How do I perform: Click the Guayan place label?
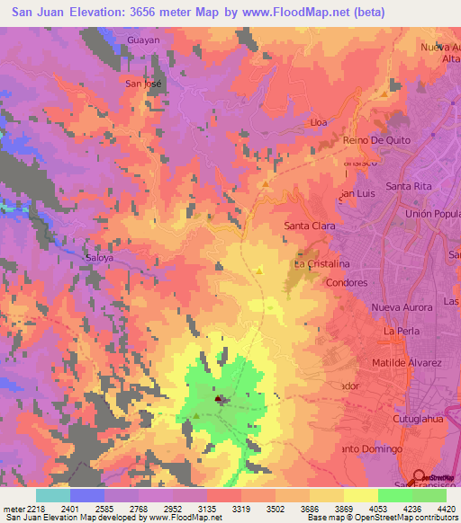[x=143, y=40]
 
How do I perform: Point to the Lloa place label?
[x=318, y=121]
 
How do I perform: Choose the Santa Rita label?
[x=411, y=186]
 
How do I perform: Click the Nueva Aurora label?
[x=402, y=307]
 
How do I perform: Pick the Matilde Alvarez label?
[x=407, y=363]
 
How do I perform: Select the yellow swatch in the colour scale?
[x=361, y=495]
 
